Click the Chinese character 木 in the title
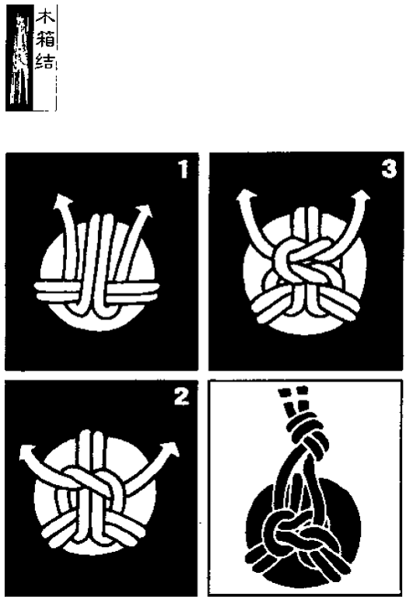45,17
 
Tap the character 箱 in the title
45,39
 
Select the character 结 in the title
45,61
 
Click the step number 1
183,169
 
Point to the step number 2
181,396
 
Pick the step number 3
389,169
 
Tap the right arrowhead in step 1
145,210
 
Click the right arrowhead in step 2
171,449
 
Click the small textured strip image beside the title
19,58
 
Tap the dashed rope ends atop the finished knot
295,399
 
